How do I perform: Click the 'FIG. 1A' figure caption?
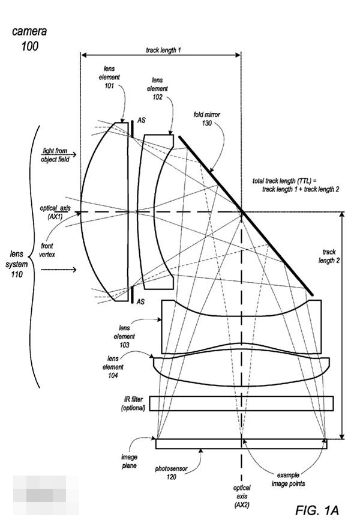pos(317,510)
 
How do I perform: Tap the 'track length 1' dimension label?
pos(163,51)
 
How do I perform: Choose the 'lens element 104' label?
pos(113,367)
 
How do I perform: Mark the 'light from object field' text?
pos(56,156)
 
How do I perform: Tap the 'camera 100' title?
pos(29,38)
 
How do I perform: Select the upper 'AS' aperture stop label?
pos(142,121)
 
